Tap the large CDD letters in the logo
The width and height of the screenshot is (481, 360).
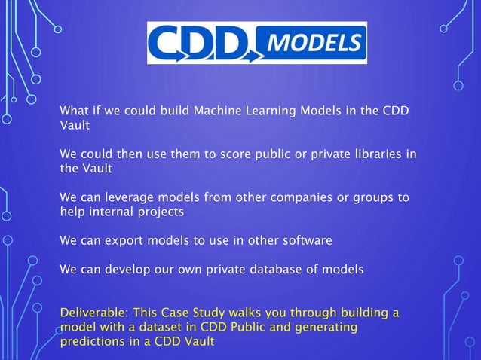197,43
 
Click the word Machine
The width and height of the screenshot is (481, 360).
219,112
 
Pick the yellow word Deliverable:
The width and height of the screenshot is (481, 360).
94,312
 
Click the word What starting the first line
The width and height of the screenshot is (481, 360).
75,112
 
